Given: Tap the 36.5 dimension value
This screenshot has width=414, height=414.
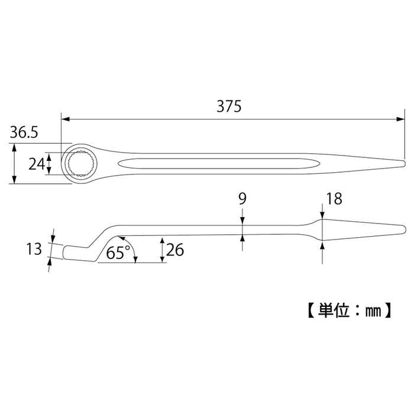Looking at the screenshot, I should (24, 134).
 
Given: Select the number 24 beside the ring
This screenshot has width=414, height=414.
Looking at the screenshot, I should (37, 163).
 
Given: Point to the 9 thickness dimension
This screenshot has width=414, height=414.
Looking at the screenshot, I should (242, 199).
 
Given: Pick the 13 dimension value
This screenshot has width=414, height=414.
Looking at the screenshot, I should (34, 249).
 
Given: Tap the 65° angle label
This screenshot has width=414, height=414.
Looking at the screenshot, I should (118, 253).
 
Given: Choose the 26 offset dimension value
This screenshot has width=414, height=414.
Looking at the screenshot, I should (175, 250).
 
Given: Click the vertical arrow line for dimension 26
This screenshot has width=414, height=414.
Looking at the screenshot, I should (162, 250).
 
